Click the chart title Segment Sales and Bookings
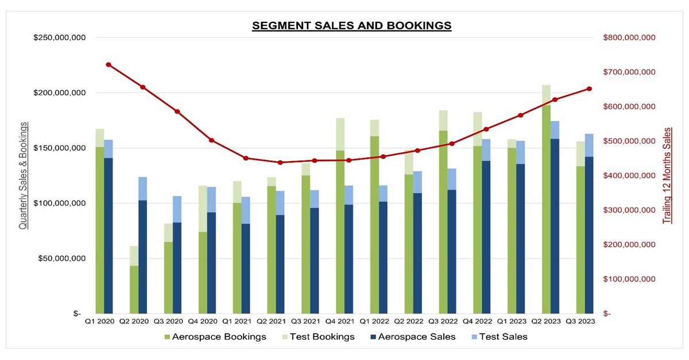click(351, 26)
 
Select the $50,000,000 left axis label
click(60, 258)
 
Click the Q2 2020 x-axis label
click(134, 322)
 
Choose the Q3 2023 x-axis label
click(580, 322)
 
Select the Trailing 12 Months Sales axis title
click(667, 176)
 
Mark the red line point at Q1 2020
click(108, 65)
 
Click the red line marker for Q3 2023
click(589, 88)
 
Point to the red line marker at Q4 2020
click(211, 140)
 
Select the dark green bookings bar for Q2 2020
click(134, 289)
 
